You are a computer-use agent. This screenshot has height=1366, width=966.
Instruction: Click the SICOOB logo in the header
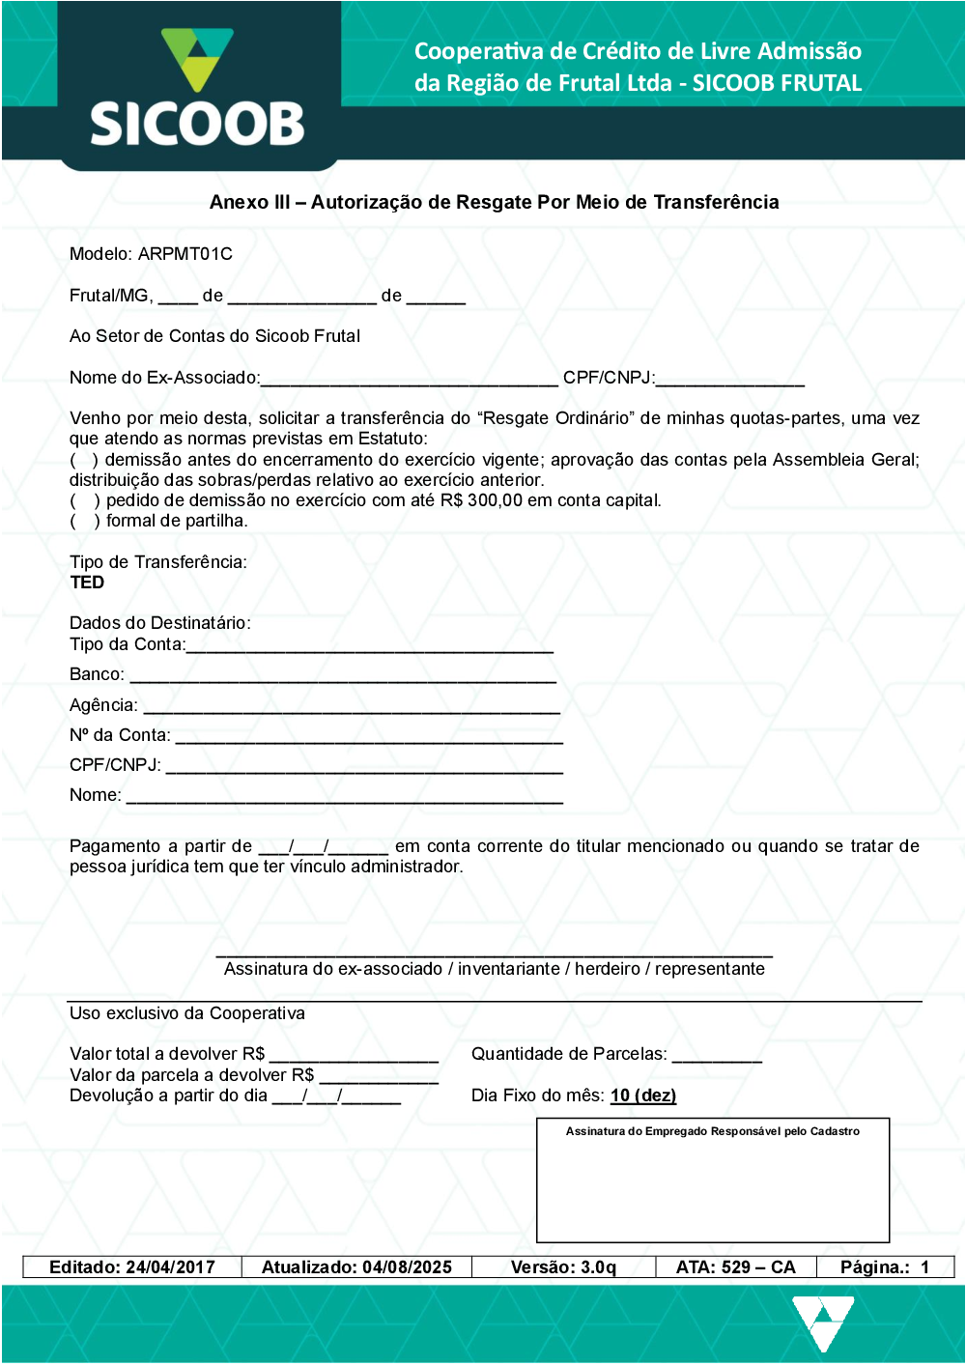coord(197,88)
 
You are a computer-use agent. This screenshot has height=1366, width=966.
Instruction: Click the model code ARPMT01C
coord(185,254)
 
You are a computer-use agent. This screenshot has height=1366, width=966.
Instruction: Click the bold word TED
coord(87,583)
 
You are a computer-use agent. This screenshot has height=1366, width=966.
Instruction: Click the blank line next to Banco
coord(343,677)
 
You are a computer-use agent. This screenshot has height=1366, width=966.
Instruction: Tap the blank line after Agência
coord(351,708)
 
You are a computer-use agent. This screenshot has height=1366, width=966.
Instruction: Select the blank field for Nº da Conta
coord(368,738)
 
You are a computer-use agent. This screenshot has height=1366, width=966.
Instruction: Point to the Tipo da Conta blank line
coord(369,647)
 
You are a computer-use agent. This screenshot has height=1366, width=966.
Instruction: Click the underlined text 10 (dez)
coord(643,1096)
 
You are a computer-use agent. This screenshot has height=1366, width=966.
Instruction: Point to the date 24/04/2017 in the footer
coord(170,1267)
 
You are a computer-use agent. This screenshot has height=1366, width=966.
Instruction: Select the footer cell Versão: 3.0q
coord(563,1267)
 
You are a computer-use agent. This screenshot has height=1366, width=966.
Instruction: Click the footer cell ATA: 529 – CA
coord(735,1267)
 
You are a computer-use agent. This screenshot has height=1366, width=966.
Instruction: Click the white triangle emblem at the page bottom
coord(822,1322)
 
